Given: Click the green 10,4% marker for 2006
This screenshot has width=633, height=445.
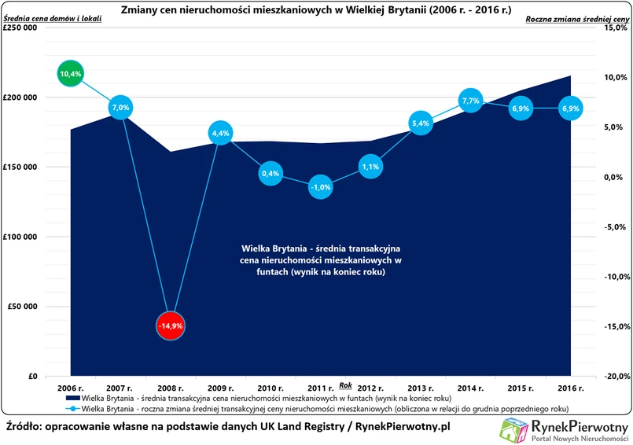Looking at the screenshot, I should pyautogui.click(x=70, y=74).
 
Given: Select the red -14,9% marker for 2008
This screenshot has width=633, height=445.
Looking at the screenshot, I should pyautogui.click(x=171, y=325).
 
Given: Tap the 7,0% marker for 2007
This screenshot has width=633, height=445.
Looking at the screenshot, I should pyautogui.click(x=120, y=107).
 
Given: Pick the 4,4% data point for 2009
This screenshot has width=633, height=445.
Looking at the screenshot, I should pyautogui.click(x=220, y=134).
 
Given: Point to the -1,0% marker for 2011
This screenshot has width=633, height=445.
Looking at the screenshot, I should pyautogui.click(x=320, y=187).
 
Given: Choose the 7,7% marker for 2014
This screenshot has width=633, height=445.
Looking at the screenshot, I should pyautogui.click(x=470, y=101).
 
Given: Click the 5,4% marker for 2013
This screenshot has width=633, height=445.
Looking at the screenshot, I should pyautogui.click(x=421, y=123).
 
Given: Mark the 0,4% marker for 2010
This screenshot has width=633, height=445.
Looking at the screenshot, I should pyautogui.click(x=270, y=173).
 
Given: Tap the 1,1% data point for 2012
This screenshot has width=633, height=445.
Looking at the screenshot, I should pyautogui.click(x=370, y=167).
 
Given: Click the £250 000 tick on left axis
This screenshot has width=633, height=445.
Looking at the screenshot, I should pyautogui.click(x=21, y=28).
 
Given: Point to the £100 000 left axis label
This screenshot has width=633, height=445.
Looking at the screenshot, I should pyautogui.click(x=21, y=237).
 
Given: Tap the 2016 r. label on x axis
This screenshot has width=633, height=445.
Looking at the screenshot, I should pyautogui.click(x=570, y=388).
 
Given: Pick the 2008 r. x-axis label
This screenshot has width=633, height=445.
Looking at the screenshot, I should pyautogui.click(x=170, y=388).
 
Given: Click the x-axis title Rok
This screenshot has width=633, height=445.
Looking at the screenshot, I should pyautogui.click(x=345, y=384).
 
